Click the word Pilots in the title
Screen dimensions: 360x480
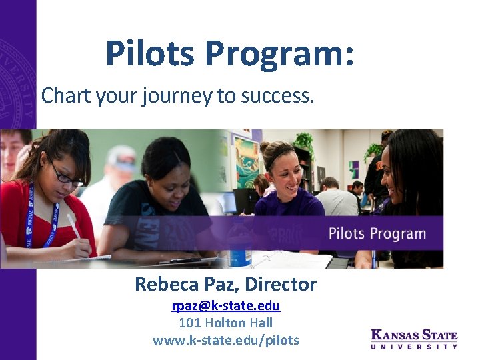[x=149, y=53]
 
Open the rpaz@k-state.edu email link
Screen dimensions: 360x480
[x=225, y=306]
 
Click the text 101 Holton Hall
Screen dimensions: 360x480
[x=225, y=323]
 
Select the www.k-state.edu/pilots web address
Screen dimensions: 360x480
[x=225, y=340]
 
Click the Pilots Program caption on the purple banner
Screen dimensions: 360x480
[x=377, y=234]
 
